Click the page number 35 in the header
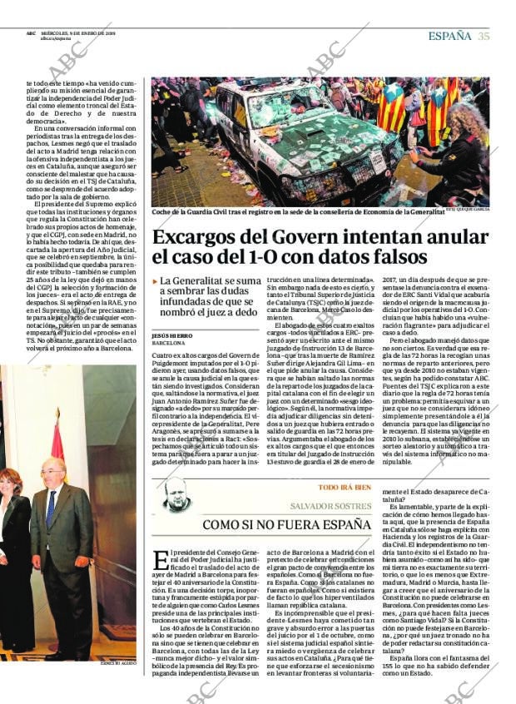[x=484, y=36]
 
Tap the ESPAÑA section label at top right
[x=449, y=36]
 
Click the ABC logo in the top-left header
[x=31, y=33]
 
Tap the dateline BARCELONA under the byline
[x=168, y=343]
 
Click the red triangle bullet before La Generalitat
[x=155, y=283]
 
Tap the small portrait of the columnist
[x=176, y=496]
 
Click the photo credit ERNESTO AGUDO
[x=117, y=664]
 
